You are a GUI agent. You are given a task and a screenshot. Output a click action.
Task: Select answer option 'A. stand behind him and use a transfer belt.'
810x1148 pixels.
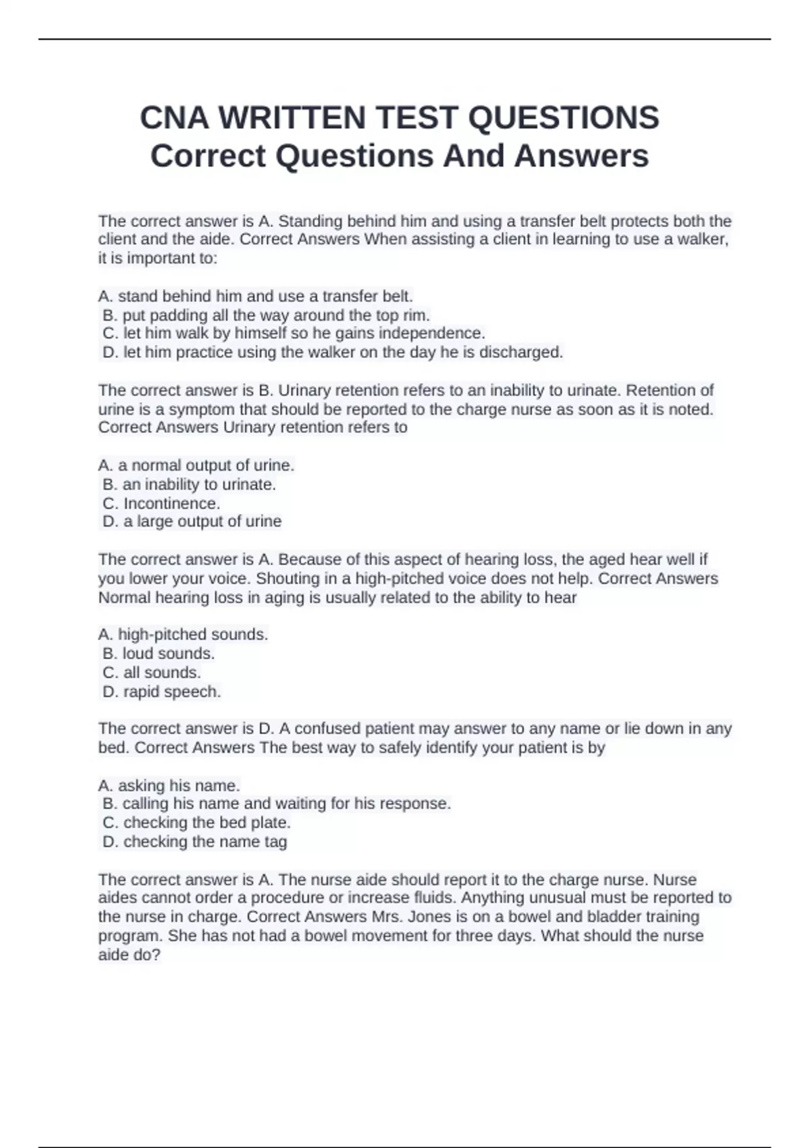tap(255, 296)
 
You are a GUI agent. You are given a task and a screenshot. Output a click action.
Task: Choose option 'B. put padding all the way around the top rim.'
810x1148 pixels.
tap(266, 315)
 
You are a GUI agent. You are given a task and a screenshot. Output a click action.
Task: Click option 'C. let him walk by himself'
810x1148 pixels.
tap(294, 334)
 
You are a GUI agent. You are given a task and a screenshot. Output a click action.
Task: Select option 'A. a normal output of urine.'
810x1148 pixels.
tap(196, 466)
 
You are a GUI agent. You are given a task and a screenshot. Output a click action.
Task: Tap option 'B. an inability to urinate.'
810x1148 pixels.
tap(189, 485)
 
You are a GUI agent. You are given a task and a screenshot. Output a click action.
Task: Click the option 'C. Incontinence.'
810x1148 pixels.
tap(161, 504)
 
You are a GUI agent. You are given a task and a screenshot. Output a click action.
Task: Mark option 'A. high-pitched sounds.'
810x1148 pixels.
tap(183, 635)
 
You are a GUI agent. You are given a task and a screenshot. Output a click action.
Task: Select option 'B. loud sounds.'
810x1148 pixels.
tap(159, 654)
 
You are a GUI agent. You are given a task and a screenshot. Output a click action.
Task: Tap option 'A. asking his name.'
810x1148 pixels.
tap(169, 786)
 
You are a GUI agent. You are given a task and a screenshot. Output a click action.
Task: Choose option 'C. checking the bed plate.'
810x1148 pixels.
tap(196, 823)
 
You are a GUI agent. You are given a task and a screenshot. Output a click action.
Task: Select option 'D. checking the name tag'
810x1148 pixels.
tap(194, 842)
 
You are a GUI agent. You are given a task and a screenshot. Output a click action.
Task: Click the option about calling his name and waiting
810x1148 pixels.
tap(277, 804)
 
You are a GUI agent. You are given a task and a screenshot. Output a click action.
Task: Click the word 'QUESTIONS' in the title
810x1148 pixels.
tap(563, 118)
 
